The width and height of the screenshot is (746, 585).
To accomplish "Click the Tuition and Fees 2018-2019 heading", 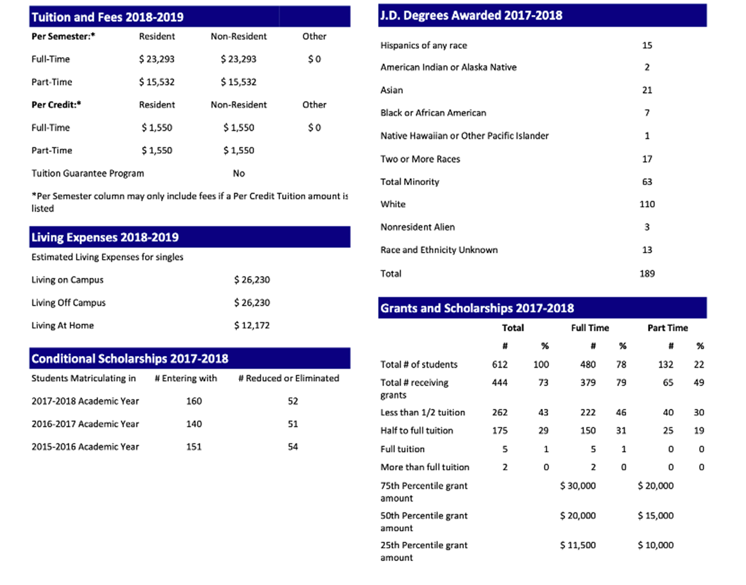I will [x=108, y=17].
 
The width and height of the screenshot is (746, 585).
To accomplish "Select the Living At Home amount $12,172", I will [x=252, y=325].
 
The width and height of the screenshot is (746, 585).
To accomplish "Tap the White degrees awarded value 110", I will [x=647, y=204].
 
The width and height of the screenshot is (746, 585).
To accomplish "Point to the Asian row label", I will [x=391, y=90].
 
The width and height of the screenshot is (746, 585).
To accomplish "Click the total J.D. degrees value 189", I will [x=647, y=273].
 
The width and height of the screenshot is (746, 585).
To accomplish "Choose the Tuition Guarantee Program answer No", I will [x=239, y=173].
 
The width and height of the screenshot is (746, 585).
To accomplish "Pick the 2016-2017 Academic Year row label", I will [x=85, y=424].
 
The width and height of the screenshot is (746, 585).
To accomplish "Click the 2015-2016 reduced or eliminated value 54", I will [x=293, y=447].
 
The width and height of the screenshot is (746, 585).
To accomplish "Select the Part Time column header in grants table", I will [x=667, y=328].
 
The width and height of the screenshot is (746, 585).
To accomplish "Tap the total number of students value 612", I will [x=500, y=364].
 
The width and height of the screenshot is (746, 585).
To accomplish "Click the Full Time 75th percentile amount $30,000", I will [x=578, y=485].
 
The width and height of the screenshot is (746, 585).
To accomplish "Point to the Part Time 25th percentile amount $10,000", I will [x=655, y=545].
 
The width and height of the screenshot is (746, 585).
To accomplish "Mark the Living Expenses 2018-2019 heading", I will [x=105, y=237].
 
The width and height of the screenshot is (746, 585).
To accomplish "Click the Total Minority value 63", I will [x=647, y=182].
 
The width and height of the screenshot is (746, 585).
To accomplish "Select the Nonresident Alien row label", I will [x=417, y=227].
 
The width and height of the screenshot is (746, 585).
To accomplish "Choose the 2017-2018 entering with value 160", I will [x=194, y=401].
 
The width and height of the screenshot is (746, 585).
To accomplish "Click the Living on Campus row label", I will [x=67, y=280].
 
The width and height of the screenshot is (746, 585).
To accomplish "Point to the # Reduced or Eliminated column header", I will [x=289, y=378].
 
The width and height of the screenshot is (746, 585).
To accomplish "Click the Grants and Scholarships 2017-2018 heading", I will [x=477, y=308].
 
